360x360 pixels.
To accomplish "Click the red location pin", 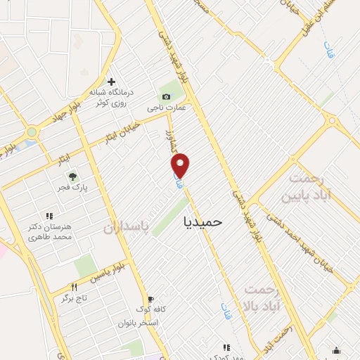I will click(181, 166).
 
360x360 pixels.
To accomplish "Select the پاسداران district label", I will click(127, 228).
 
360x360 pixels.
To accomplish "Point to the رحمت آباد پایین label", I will click(306, 187).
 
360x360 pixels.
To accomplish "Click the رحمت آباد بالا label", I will click(262, 297).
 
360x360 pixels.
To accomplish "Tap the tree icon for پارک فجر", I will click(71, 176).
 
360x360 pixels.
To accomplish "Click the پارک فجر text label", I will click(72, 189).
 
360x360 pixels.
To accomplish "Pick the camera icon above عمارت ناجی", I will click(166, 96).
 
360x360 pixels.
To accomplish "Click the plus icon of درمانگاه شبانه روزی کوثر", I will click(111, 82).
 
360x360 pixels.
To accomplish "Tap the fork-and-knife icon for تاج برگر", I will click(74, 287).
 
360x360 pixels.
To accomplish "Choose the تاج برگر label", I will click(74, 299).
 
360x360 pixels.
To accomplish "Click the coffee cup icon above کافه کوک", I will click(149, 299).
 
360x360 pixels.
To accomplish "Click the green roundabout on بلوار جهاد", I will click(32, 133).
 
